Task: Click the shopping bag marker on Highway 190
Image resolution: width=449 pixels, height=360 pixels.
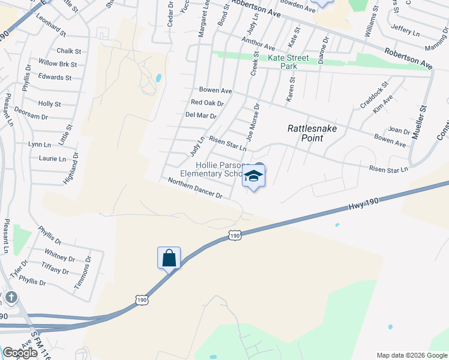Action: point(169,258)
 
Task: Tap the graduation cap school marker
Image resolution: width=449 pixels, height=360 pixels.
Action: point(253,177)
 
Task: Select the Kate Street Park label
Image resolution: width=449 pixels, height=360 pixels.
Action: point(288,62)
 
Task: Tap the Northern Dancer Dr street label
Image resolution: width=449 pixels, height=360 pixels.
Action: point(195,188)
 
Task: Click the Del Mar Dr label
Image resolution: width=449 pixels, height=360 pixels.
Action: point(200,115)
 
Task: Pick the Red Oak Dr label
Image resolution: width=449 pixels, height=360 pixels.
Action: point(203,103)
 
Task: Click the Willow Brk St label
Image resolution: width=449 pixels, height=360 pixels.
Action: point(58,64)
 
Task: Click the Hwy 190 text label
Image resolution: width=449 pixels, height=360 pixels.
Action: point(364,204)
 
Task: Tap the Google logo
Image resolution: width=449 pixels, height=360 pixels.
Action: point(20,353)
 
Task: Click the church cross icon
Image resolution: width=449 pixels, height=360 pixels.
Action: point(11,298)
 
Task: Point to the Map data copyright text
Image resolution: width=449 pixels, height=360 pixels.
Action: point(411,355)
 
